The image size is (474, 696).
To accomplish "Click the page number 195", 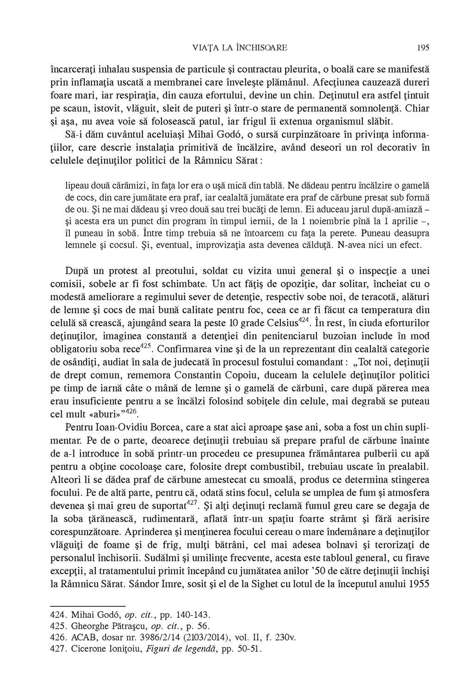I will coord(423,47).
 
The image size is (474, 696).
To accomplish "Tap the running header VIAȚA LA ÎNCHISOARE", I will coord(239,47).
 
